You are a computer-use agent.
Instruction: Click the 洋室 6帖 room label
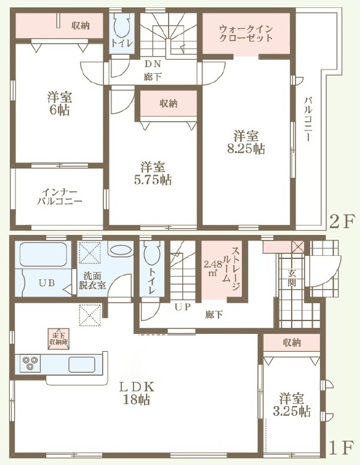pyautogui.click(x=59, y=103)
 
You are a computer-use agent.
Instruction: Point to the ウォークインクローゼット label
pyautogui.click(x=246, y=34)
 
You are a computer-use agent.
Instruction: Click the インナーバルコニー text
pyautogui.click(x=59, y=197)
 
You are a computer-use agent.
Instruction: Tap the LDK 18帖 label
pyautogui.click(x=137, y=393)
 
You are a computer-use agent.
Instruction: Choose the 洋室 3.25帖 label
pyautogui.click(x=292, y=405)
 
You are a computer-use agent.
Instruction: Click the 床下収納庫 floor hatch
pyautogui.click(x=59, y=339)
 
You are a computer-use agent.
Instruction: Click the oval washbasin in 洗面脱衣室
pyautogui.click(x=120, y=250)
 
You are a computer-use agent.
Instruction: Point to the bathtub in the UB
pyautogui.click(x=42, y=255)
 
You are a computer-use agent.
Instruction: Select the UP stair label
pyautogui.click(x=182, y=307)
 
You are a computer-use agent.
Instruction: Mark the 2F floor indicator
pyautogui.click(x=342, y=221)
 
